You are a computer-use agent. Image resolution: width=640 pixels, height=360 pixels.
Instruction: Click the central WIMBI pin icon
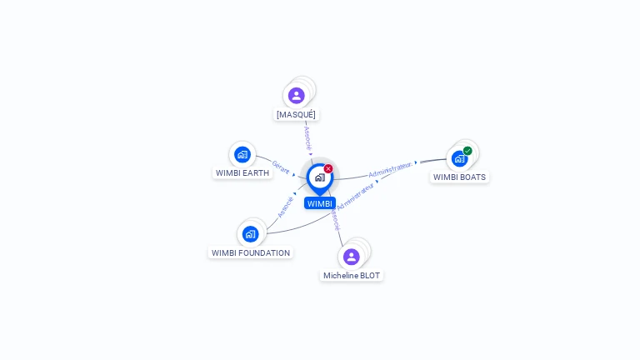(x=319, y=177)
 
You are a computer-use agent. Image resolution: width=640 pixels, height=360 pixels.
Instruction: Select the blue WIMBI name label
(x=319, y=203)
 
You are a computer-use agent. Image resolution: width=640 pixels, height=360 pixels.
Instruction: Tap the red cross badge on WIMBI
(x=328, y=169)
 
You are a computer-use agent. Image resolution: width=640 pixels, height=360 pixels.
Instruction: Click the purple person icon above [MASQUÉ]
(x=296, y=96)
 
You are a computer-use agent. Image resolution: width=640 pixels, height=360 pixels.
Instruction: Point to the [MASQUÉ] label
(x=296, y=114)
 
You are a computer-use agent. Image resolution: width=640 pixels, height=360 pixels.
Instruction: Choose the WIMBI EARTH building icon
(x=242, y=154)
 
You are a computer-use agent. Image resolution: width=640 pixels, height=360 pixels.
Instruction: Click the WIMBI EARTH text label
(x=242, y=173)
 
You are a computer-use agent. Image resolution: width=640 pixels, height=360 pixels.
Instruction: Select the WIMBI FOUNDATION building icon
(x=250, y=234)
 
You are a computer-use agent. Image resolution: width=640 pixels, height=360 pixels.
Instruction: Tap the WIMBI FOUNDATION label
(x=251, y=252)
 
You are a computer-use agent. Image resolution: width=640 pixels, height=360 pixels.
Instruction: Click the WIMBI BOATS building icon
(x=459, y=158)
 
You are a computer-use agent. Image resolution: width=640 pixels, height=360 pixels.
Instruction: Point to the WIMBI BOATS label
(x=459, y=177)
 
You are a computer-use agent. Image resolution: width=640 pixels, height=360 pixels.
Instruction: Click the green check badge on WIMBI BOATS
(x=467, y=151)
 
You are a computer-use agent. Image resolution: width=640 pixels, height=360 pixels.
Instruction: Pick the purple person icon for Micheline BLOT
(x=351, y=257)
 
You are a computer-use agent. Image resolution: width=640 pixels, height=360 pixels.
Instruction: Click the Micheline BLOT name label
(x=352, y=275)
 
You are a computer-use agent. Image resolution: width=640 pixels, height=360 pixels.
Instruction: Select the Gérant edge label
(x=281, y=167)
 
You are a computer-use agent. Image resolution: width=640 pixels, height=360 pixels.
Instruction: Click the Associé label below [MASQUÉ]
(x=307, y=138)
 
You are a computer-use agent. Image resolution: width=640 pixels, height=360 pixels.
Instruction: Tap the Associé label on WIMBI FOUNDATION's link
(x=285, y=206)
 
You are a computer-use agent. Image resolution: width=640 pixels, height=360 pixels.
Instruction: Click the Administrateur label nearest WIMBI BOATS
(x=391, y=170)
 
